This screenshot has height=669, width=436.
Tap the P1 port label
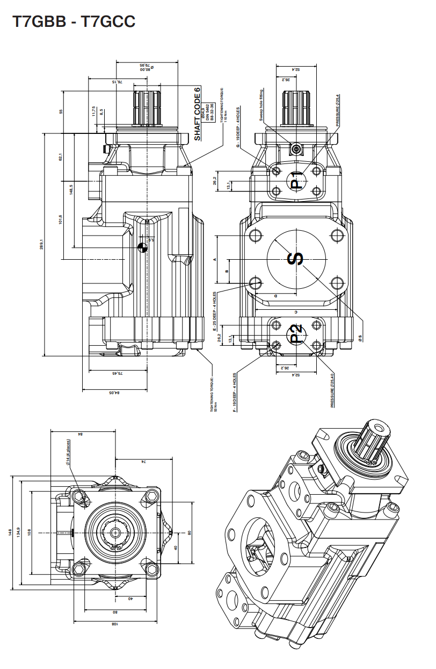[x=296, y=180]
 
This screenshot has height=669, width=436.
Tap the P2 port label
[x=296, y=333]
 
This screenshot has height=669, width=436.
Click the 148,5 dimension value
[x=71, y=190]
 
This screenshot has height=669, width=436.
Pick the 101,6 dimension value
[x=61, y=220]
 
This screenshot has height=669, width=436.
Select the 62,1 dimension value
[x=61, y=156]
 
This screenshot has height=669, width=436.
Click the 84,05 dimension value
[x=114, y=393]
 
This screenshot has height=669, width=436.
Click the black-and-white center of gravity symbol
[x=142, y=247]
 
